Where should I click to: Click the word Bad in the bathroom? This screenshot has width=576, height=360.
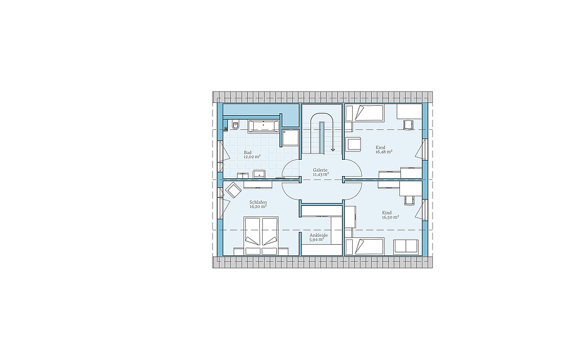(x=247, y=152)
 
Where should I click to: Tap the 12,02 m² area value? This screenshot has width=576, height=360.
(x=252, y=157)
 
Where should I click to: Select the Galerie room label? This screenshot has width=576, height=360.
(x=320, y=170)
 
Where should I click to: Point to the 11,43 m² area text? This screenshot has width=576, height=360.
(x=321, y=174)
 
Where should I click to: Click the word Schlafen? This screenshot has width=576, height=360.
(x=258, y=202)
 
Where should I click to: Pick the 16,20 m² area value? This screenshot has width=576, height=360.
(x=258, y=207)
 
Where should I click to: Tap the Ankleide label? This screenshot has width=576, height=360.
(x=318, y=236)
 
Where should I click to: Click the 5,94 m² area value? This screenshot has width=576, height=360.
(x=317, y=240)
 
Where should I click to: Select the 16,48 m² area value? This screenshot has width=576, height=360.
(x=384, y=152)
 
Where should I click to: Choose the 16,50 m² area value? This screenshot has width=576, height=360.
(x=390, y=217)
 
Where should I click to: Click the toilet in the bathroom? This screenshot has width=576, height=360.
(x=235, y=126)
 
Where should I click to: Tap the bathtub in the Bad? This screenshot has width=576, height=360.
(x=263, y=126)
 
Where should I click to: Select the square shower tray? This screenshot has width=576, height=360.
(x=290, y=137)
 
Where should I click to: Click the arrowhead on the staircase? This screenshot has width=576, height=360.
(x=333, y=150)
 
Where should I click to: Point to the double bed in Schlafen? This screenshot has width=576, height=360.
(x=262, y=236)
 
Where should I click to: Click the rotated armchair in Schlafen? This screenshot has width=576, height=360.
(x=233, y=190)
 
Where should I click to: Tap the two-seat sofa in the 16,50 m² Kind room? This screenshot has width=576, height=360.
(x=406, y=246)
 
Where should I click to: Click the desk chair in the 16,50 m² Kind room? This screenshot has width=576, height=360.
(x=409, y=200)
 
